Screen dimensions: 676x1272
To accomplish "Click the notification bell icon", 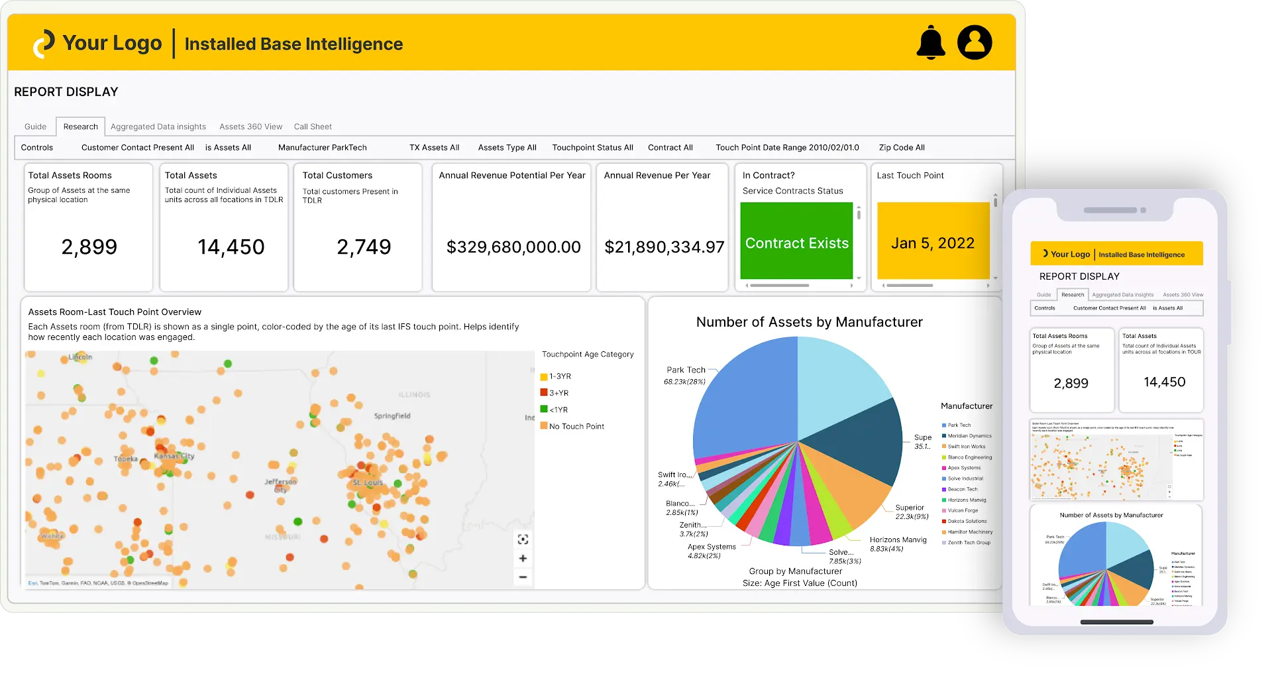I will tap(931, 43).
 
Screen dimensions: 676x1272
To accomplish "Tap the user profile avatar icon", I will tap(975, 43).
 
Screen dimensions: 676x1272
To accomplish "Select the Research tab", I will tap(81, 127).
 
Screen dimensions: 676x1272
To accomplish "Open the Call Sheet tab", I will tap(313, 127).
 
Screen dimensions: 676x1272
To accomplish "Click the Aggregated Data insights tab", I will tap(158, 127).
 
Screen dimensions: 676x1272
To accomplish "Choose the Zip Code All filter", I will tap(902, 148).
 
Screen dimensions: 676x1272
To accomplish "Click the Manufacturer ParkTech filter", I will tap(322, 148).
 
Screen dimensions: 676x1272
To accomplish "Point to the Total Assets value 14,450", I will tap(231, 247).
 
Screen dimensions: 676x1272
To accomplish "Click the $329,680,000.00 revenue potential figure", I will tap(513, 247).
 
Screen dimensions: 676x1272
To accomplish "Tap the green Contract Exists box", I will tap(796, 243).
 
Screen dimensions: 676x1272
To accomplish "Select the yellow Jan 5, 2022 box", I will tap(933, 243).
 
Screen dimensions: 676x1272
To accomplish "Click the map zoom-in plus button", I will tap(523, 558).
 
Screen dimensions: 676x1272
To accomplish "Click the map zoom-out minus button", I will tap(523, 577).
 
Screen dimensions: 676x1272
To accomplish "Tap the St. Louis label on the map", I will tap(368, 482).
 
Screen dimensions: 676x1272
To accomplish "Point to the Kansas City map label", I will tap(174, 456).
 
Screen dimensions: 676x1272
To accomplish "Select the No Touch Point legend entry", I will tap(576, 427).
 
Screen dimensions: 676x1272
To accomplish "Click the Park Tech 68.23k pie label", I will tap(686, 375).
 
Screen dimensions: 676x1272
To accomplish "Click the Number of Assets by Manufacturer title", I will tap(809, 322).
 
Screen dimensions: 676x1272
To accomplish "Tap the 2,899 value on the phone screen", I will tap(1071, 383).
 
